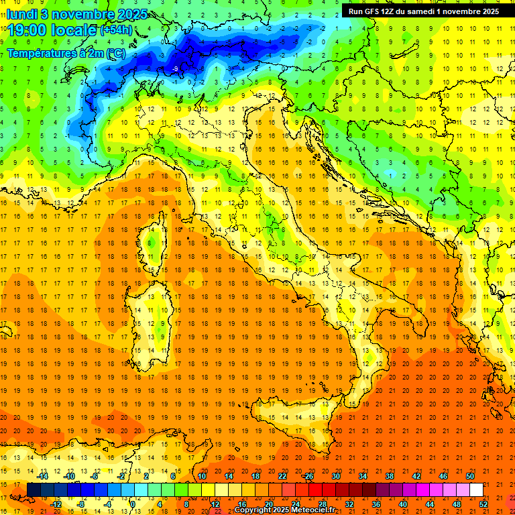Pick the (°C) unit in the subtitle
pos(115,53)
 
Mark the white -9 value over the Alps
pos(175,69)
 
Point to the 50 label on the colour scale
pos(469,476)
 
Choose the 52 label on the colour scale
pos(483,504)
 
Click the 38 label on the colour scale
pos(389,476)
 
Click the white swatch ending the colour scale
pos(476,490)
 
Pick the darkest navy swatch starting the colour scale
pos(34,490)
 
